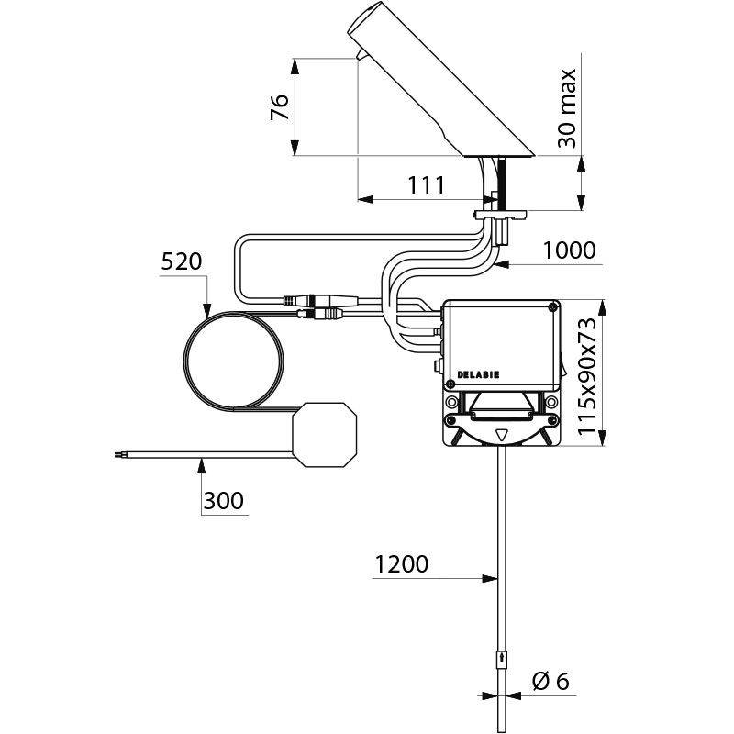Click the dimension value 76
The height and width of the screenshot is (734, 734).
click(281, 108)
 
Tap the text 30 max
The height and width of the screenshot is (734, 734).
click(568, 108)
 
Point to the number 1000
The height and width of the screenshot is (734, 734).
click(569, 250)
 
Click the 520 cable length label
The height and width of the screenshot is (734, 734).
click(181, 261)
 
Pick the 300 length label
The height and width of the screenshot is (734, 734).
click(223, 501)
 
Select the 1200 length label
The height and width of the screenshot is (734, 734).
click(401, 564)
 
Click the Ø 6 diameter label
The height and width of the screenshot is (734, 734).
click(550, 681)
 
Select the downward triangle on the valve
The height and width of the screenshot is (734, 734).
click(501, 438)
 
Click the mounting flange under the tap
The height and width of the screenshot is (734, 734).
click(500, 216)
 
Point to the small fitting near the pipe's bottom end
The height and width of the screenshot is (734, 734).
click(500, 660)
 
